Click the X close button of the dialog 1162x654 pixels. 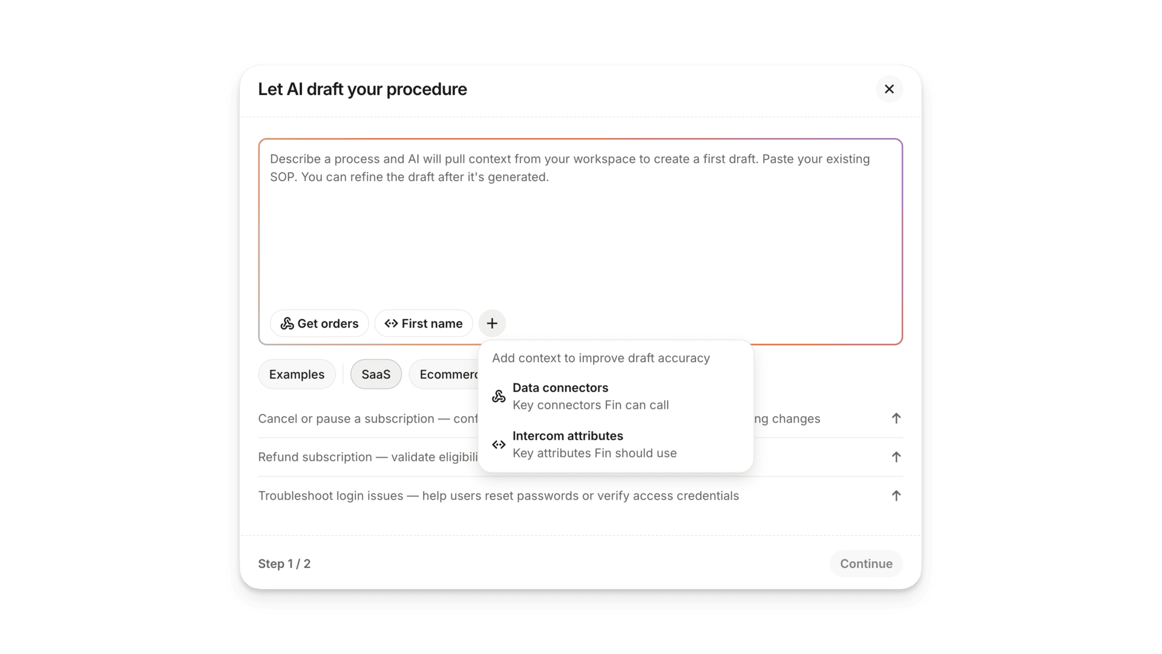(x=889, y=89)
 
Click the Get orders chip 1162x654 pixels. (x=320, y=323)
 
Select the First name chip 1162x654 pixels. (x=424, y=323)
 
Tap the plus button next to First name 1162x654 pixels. (x=492, y=323)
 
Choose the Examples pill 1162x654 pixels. (x=297, y=374)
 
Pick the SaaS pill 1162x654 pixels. (x=376, y=374)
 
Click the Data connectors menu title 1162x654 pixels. (x=560, y=388)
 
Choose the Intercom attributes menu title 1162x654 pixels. (x=568, y=436)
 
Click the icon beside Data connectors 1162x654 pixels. (x=499, y=397)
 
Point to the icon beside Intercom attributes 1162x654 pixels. (x=499, y=444)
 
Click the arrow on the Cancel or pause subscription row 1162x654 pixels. (x=896, y=418)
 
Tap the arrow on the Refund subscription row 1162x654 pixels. (x=896, y=457)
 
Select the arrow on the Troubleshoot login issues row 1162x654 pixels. (x=896, y=496)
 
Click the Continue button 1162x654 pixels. (x=866, y=564)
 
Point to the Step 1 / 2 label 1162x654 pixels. (x=284, y=564)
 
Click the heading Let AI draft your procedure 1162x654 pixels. (x=363, y=89)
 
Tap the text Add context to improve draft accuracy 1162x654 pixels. (x=601, y=358)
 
